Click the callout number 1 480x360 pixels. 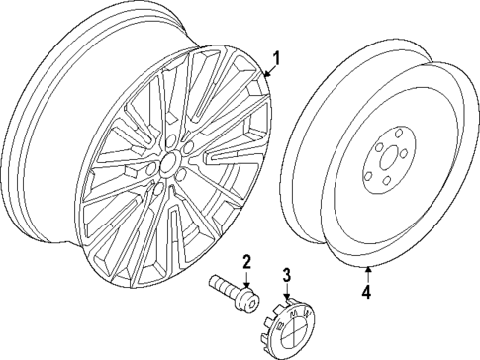277,58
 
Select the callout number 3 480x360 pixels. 285,274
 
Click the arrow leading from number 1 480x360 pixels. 267,71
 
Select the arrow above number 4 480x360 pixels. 366,273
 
